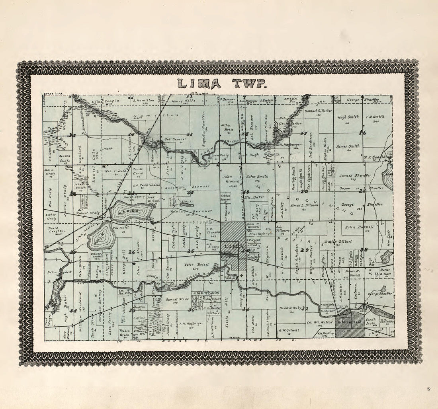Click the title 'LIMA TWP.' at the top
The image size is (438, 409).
coord(221,84)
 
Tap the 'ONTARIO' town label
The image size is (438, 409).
coord(349,321)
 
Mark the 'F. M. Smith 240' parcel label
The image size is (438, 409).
coord(374,117)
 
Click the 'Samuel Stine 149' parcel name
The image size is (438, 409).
coord(177,299)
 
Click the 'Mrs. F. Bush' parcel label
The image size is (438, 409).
coord(116,170)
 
